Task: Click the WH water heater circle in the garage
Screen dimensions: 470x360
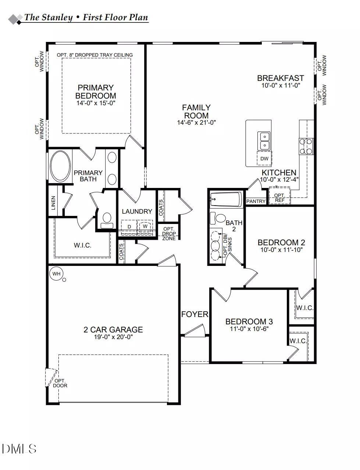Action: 56,274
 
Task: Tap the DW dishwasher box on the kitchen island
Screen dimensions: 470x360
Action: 264,159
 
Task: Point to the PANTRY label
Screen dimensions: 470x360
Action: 256,201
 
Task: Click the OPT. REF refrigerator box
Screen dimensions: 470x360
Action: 279,198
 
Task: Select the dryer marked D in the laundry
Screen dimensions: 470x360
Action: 129,227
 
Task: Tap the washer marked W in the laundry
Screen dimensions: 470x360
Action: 145,226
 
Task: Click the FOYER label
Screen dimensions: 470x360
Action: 195,314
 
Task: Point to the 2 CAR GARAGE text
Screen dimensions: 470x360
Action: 113,330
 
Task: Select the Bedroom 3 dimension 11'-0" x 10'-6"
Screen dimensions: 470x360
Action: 249,329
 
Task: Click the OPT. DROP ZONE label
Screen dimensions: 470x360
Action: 169,234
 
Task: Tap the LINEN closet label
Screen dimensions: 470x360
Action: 54,203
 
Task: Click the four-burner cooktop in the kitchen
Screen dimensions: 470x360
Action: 306,146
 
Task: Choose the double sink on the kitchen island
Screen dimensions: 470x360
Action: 264,141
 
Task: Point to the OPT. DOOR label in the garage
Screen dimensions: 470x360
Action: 60,383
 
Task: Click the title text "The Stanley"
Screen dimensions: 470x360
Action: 49,17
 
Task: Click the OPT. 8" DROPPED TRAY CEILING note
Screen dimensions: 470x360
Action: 95,55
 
